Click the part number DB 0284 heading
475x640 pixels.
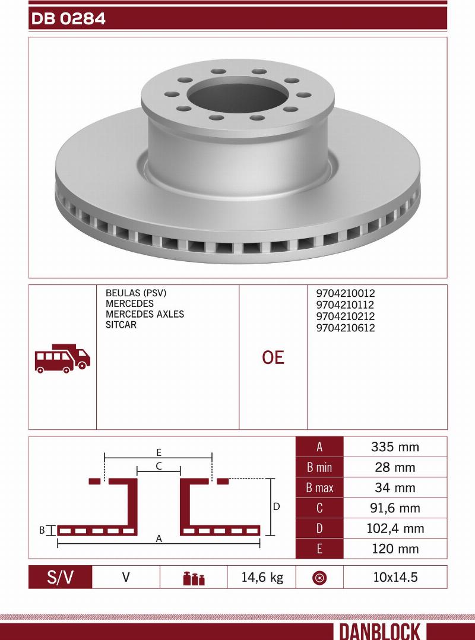tap(68, 19)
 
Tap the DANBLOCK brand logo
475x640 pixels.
tap(379, 631)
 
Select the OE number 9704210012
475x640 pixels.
tap(346, 293)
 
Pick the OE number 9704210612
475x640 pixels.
tap(346, 328)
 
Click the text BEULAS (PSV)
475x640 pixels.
tap(136, 293)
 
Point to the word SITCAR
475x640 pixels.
tap(121, 325)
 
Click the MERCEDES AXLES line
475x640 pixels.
tap(145, 314)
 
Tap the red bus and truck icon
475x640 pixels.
tap(62, 357)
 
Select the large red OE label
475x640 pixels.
tap(273, 357)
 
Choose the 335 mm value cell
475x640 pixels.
tap(395, 447)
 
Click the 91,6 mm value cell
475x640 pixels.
tap(395, 508)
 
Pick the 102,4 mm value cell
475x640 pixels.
tap(395, 528)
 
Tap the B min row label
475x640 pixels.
tap(319, 467)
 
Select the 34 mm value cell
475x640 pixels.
tap(395, 488)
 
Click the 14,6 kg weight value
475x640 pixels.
tap(262, 577)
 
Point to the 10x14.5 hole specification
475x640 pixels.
tap(395, 577)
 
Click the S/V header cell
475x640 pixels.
tap(61, 577)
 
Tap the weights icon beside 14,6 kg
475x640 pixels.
tap(194, 578)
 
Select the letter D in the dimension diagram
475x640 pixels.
tap(276, 507)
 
